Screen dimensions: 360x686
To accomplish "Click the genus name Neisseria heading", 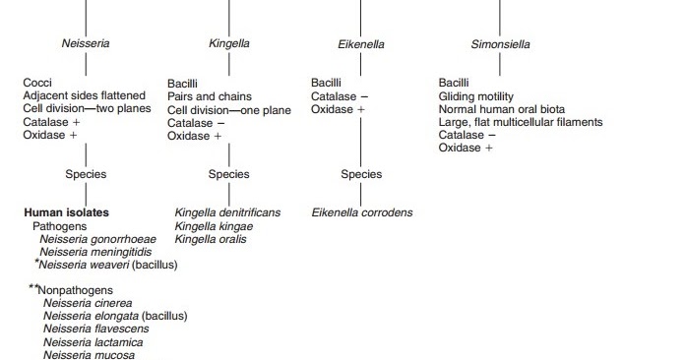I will click(85, 44).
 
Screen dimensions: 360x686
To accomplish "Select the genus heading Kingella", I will click(229, 44).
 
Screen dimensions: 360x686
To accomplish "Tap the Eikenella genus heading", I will click(361, 44).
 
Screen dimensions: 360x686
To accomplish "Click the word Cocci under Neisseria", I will click(38, 83).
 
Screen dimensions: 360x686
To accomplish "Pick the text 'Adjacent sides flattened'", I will click(84, 95).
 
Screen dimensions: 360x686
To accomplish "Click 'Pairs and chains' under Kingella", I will click(210, 97).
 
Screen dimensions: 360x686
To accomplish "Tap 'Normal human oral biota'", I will click(502, 109).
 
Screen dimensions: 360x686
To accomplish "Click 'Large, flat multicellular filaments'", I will click(521, 123).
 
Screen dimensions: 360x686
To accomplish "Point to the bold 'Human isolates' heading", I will click(66, 212).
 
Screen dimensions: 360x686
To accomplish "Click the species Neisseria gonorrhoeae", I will click(97, 239).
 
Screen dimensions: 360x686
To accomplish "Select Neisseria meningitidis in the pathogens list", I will click(95, 252).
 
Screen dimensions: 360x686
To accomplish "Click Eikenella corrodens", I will click(362, 212).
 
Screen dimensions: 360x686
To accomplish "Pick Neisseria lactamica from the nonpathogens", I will click(93, 342).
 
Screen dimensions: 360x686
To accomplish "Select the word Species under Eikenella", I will click(361, 174).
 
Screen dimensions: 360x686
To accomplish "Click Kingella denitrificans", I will click(227, 212).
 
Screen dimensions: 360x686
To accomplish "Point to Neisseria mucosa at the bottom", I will click(89, 355).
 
